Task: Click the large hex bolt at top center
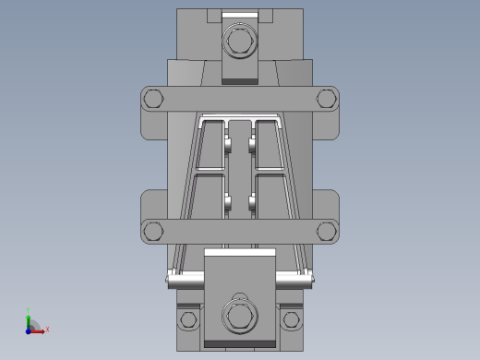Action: (239, 42)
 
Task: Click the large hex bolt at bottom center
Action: (239, 317)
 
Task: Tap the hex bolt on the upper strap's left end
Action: (154, 99)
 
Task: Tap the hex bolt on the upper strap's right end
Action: (325, 99)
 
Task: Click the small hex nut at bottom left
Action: (189, 319)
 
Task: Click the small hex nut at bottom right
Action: (291, 319)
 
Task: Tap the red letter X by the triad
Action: (47, 329)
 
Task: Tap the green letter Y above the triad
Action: (29, 310)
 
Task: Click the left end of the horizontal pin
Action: (169, 278)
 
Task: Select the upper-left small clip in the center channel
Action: (227, 144)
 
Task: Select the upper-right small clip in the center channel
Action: (252, 144)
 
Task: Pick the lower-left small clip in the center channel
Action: (227, 201)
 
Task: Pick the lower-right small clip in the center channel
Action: (252, 201)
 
